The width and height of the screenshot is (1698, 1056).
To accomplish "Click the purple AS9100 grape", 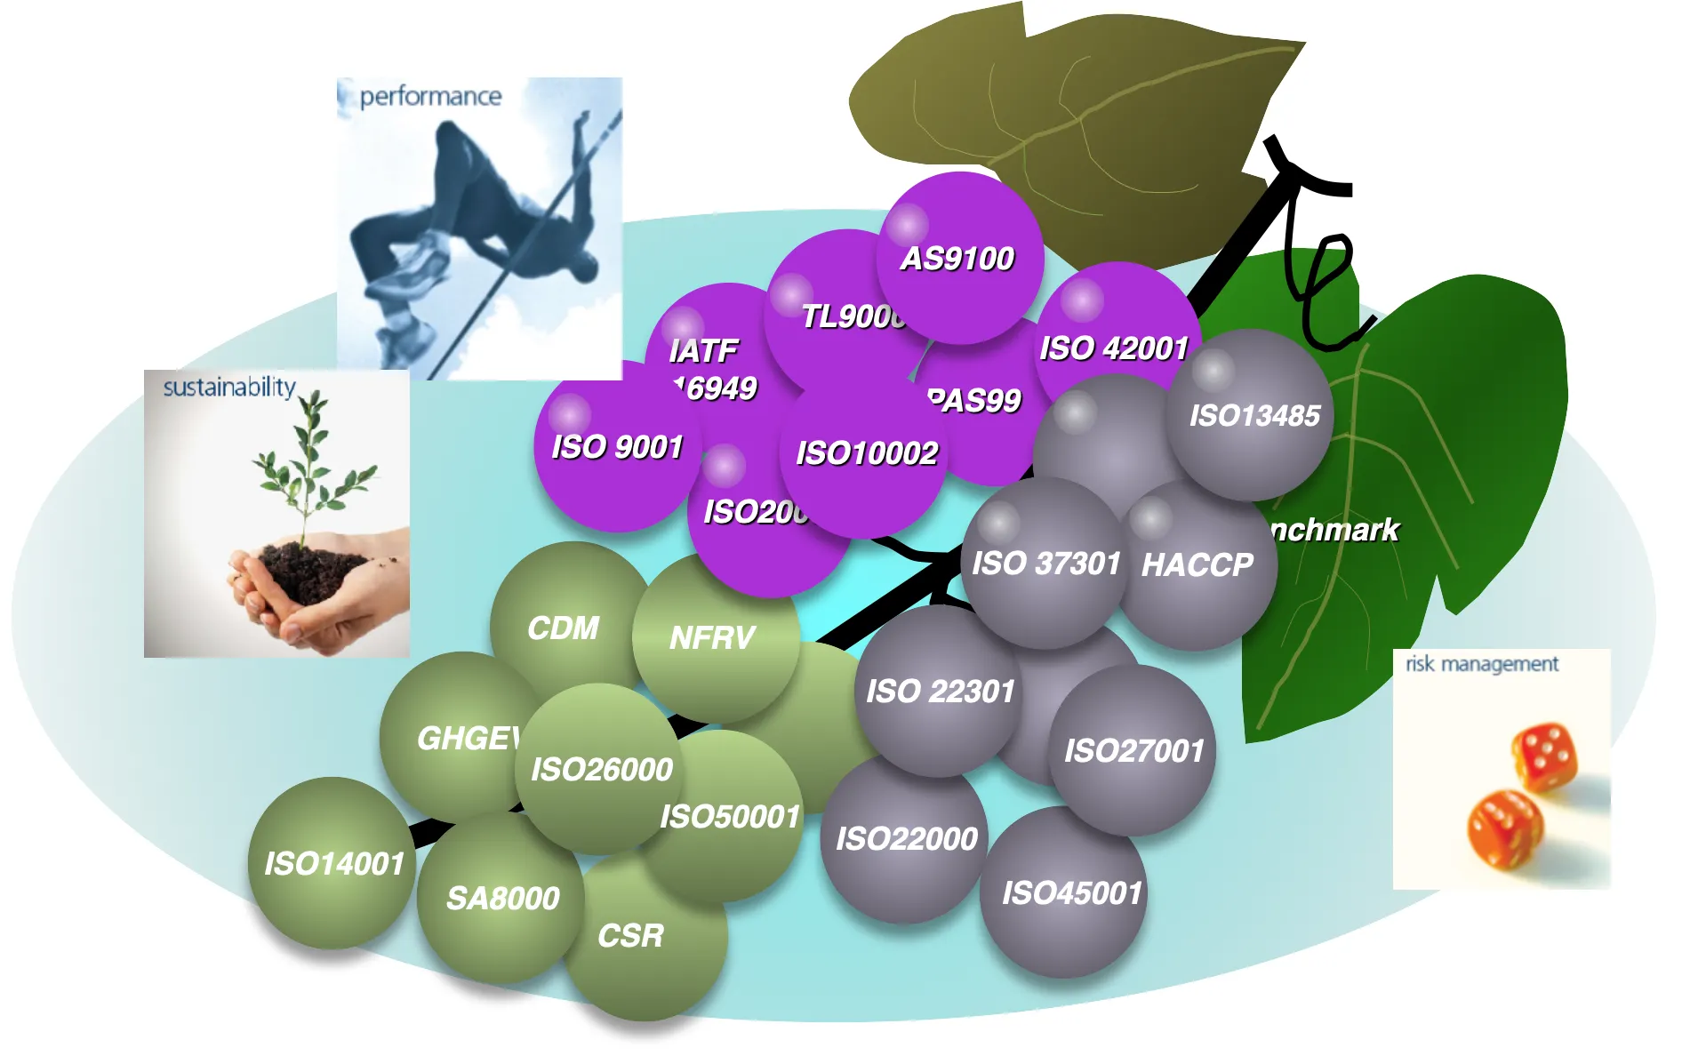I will [x=958, y=258].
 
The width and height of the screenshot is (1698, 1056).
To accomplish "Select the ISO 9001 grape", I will [x=617, y=446].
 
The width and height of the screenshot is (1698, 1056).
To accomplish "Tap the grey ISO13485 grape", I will [x=1253, y=415].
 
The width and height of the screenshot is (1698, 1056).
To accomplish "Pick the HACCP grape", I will [x=1197, y=565].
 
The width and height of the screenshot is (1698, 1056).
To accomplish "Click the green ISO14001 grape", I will [x=333, y=863].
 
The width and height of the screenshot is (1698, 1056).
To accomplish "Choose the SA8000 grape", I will [x=502, y=899].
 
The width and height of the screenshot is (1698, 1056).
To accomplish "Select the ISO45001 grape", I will [x=1071, y=893].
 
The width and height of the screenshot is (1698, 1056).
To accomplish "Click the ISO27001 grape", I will [x=1133, y=751].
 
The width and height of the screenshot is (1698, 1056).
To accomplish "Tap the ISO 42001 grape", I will [x=1114, y=348].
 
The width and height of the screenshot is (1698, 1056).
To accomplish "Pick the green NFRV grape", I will [x=712, y=637].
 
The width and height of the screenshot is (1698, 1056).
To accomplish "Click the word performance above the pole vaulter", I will [x=430, y=96].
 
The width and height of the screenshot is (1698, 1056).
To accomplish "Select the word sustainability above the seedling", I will [x=229, y=387].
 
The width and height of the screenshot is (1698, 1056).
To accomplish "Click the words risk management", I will [x=1482, y=664].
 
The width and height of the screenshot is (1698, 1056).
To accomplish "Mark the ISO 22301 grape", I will [x=941, y=692].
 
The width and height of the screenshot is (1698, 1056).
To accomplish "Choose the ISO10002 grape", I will [x=867, y=453].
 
